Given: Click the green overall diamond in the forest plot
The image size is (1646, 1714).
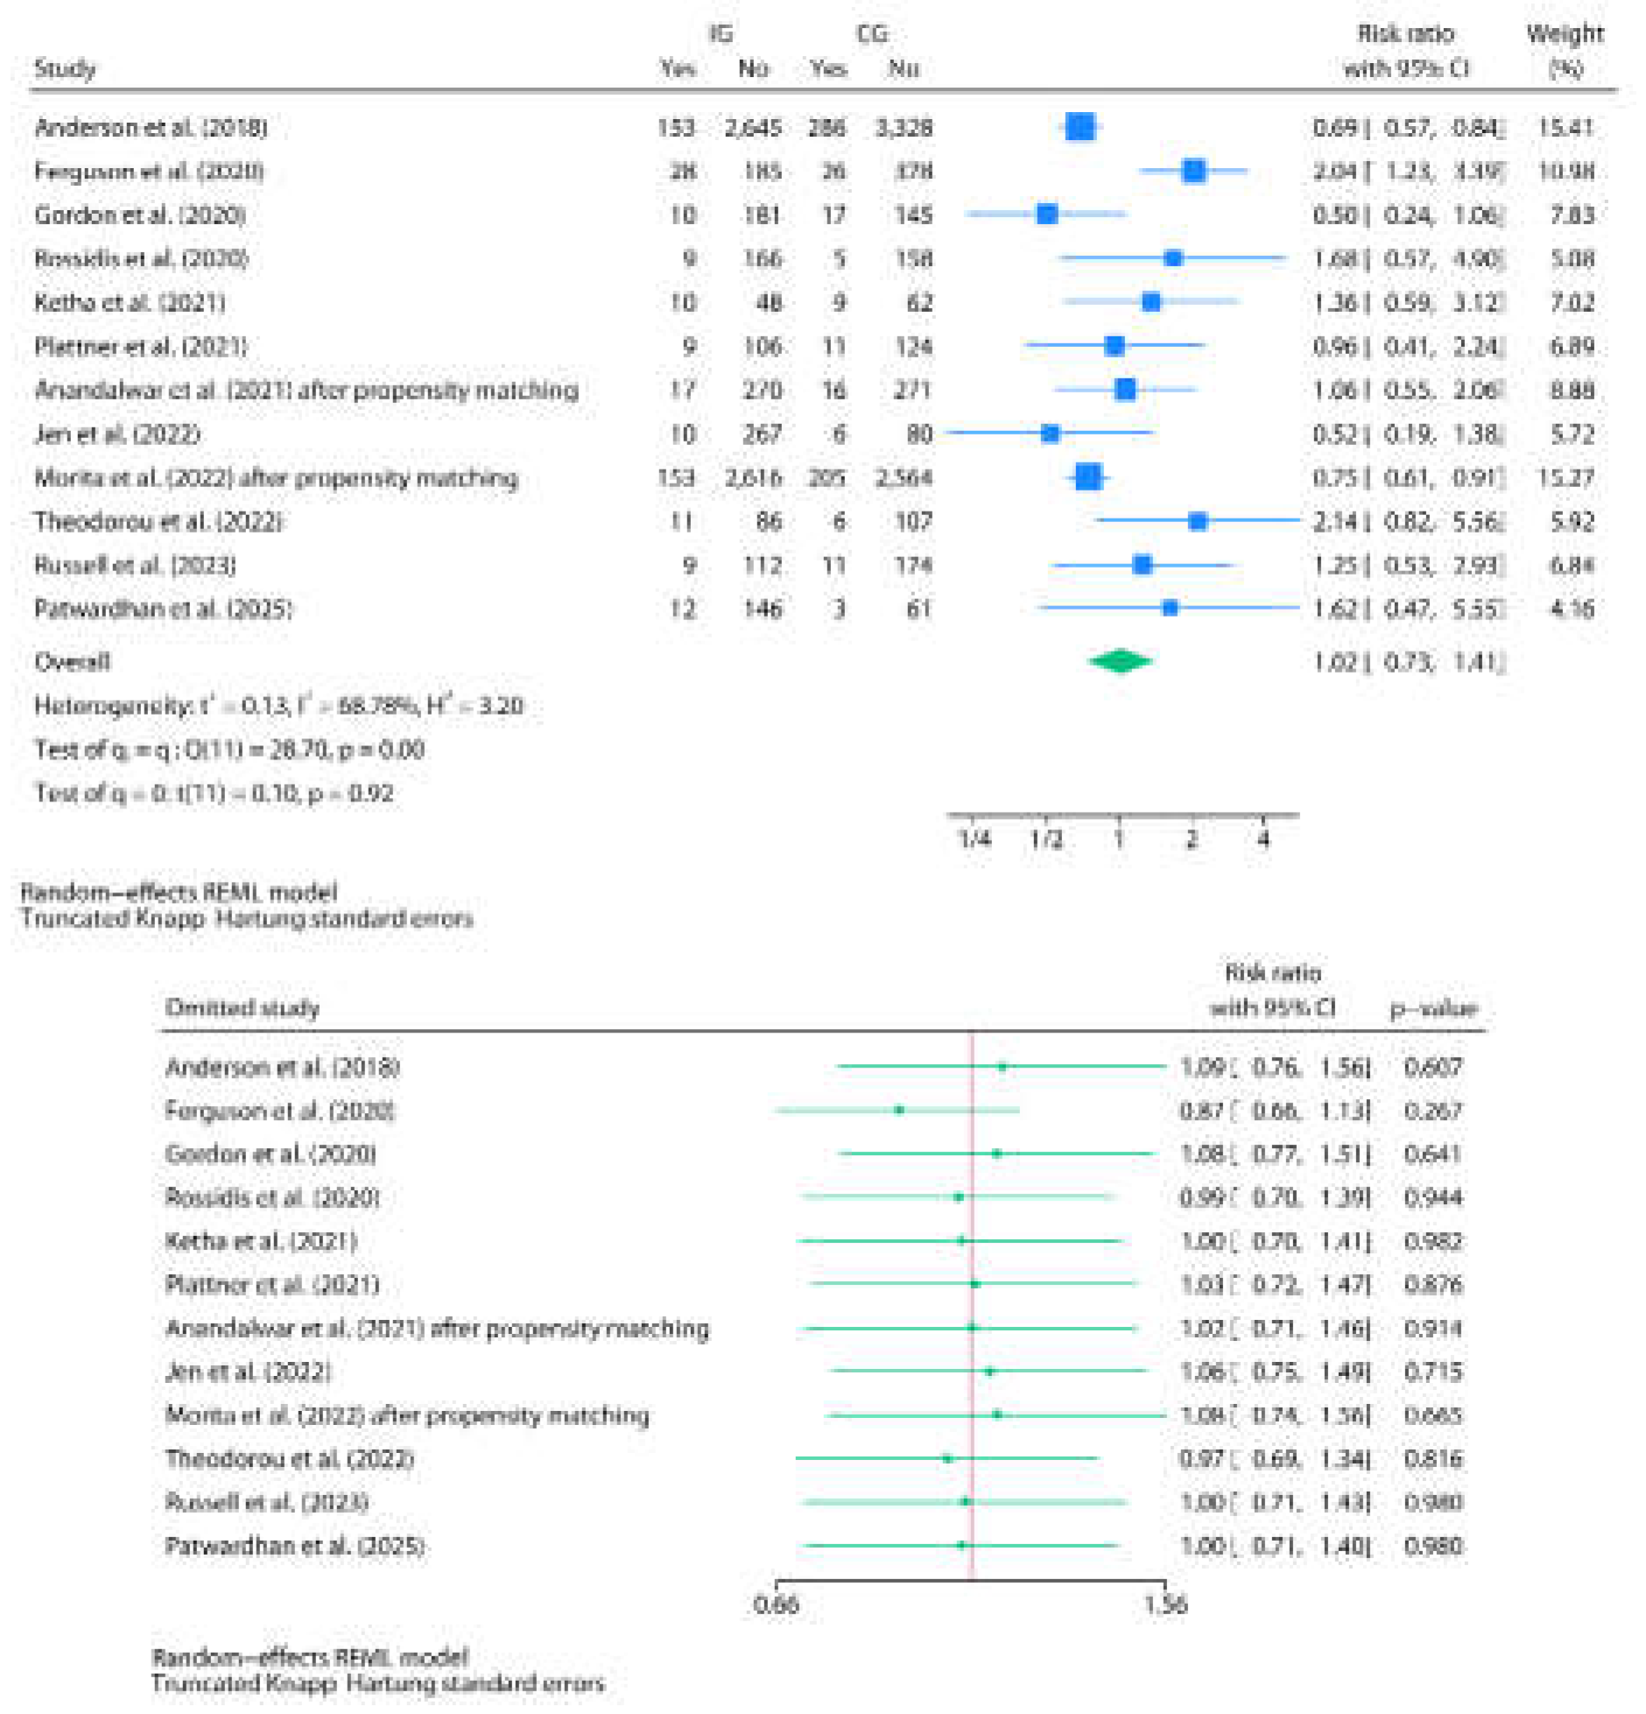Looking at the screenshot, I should tap(1120, 661).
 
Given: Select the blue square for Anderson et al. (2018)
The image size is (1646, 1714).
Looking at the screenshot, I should tap(1080, 127).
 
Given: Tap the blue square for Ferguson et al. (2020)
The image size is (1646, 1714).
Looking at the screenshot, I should tap(1193, 171).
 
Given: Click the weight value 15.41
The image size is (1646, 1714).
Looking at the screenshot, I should tap(1565, 127).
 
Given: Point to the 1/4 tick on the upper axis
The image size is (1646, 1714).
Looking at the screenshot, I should tap(974, 839).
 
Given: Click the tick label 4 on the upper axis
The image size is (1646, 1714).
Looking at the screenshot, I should tap(1263, 839).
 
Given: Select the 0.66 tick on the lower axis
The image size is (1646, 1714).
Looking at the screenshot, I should tap(777, 1605).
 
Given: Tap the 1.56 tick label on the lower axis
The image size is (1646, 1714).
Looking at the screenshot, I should tap(1164, 1605).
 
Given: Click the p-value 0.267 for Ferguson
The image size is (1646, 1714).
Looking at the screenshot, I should tap(1432, 1111).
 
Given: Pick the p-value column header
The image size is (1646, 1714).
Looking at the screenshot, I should tap(1433, 1008).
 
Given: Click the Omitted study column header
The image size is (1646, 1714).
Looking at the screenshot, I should tap(242, 1008).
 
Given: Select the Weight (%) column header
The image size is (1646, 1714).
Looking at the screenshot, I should tap(1565, 50).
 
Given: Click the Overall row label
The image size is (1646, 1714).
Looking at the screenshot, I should tap(72, 661).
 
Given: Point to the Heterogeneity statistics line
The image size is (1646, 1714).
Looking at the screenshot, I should tap(278, 706).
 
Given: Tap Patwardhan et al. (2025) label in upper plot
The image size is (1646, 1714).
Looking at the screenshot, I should tap(163, 609).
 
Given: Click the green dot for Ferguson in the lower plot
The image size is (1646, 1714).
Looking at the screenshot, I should tap(899, 1110).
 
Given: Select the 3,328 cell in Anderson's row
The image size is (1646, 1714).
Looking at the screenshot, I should tap(904, 127).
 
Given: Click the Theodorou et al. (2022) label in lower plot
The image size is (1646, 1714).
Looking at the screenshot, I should tap(289, 1458).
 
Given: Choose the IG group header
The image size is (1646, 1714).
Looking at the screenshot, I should tap(721, 33).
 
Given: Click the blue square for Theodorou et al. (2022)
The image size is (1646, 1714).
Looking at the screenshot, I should tap(1198, 521).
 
